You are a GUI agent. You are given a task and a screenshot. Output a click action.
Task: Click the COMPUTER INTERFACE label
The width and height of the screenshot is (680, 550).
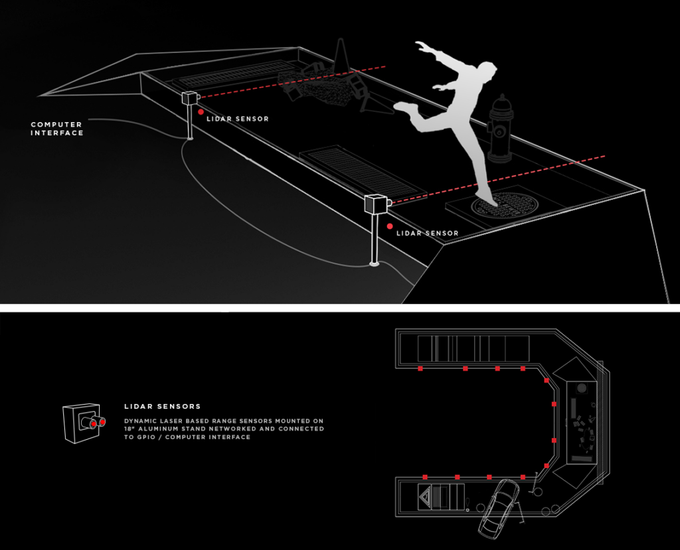(56, 129)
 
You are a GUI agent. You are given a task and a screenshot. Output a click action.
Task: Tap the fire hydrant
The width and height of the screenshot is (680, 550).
(500, 129)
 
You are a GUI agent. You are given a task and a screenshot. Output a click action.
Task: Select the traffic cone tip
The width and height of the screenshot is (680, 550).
(341, 43)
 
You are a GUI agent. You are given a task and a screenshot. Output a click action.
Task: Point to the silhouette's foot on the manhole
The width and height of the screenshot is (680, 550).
(484, 195)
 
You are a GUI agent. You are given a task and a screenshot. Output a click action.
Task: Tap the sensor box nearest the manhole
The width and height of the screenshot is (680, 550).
(375, 204)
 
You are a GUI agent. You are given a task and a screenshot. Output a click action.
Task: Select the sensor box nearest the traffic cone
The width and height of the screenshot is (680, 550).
(190, 98)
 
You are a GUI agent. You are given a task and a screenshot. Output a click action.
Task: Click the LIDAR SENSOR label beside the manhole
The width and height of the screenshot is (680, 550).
(427, 234)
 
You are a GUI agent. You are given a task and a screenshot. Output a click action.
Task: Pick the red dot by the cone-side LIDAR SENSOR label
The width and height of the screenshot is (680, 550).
(201, 112)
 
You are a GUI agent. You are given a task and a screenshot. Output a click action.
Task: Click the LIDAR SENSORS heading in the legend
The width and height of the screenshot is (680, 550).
(162, 407)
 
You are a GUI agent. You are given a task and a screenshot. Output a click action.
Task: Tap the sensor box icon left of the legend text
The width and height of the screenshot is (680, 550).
(82, 423)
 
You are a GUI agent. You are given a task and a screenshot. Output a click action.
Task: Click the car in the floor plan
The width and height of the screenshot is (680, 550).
(499, 508)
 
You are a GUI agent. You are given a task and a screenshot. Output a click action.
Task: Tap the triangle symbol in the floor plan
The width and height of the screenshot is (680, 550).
(425, 496)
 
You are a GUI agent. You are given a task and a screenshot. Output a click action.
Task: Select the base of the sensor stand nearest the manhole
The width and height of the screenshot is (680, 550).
(375, 265)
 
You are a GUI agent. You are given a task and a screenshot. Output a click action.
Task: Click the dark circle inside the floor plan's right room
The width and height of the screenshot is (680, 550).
(582, 387)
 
